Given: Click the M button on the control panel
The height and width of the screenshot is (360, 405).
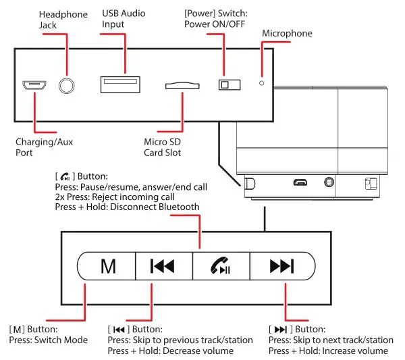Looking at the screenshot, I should pos(107,265).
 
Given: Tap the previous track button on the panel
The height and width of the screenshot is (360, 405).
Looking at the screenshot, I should pos(164,265).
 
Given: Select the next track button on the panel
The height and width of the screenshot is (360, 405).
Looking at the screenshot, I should pos(281,265).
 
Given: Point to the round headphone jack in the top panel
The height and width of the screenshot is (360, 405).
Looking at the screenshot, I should pos(66,85).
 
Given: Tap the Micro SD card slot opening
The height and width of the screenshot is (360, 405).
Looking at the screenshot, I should pos(182,86).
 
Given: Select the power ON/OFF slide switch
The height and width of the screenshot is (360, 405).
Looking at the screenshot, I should pos(229,84).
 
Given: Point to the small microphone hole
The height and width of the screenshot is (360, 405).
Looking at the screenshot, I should pos(261,84).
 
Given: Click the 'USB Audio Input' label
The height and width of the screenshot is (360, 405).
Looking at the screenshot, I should pos(124,19).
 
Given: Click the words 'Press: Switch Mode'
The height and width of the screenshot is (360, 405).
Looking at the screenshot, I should pos(49,340).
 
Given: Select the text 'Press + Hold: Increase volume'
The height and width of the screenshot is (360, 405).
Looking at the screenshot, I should pos(327,351).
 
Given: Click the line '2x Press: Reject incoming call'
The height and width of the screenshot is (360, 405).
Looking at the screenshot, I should pos(116,197).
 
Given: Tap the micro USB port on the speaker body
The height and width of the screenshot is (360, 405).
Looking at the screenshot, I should pos(300,182).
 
